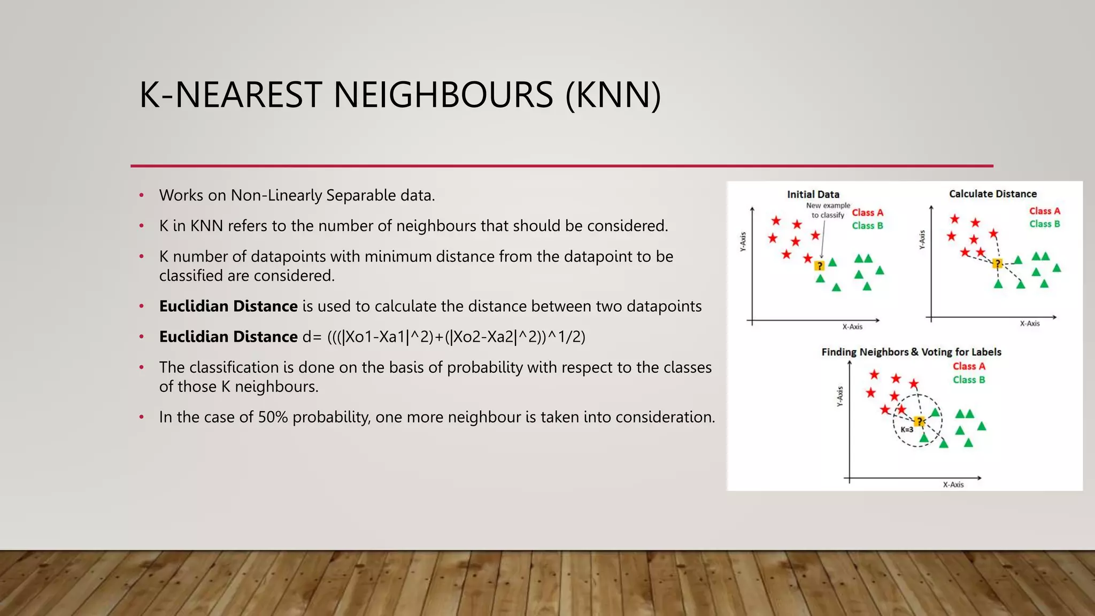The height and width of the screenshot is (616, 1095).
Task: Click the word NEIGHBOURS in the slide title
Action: pyautogui.click(x=443, y=95)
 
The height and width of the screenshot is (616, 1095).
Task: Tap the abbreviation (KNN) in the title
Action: pyautogui.click(x=613, y=95)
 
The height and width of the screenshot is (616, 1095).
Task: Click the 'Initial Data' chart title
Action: pyautogui.click(x=813, y=195)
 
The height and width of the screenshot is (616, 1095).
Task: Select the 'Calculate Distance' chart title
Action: pyautogui.click(x=992, y=194)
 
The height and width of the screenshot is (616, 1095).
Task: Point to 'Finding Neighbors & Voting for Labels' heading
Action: pyautogui.click(x=911, y=352)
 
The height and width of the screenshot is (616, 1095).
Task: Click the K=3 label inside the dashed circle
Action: pyautogui.click(x=907, y=429)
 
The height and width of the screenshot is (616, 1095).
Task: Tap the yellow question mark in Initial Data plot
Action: pyautogui.click(x=819, y=266)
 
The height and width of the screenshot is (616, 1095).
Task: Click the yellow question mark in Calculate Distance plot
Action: pyautogui.click(x=997, y=264)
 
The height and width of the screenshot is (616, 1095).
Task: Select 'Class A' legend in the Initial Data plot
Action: pyautogui.click(x=867, y=213)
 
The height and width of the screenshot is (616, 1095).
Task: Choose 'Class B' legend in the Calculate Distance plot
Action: pyautogui.click(x=1044, y=224)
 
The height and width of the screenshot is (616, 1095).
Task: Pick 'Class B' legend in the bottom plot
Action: pyautogui.click(x=968, y=380)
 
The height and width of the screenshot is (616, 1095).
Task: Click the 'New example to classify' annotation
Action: pyautogui.click(x=828, y=210)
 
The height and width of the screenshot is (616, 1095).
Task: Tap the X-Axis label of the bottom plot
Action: pyautogui.click(x=953, y=484)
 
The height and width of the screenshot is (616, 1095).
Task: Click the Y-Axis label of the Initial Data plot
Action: pyautogui.click(x=743, y=242)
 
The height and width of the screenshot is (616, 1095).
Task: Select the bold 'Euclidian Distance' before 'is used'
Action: pyautogui.click(x=228, y=306)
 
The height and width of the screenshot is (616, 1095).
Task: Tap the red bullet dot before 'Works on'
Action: pyautogui.click(x=142, y=196)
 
